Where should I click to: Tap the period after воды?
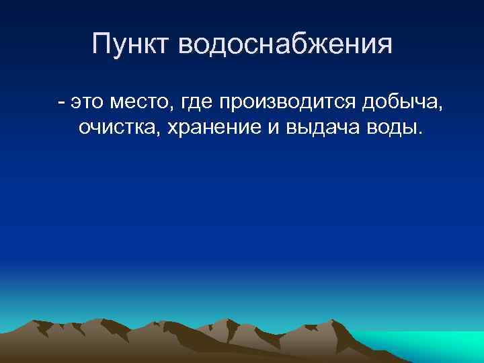coord(421,133)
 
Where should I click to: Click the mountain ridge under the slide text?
coord(202,339)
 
